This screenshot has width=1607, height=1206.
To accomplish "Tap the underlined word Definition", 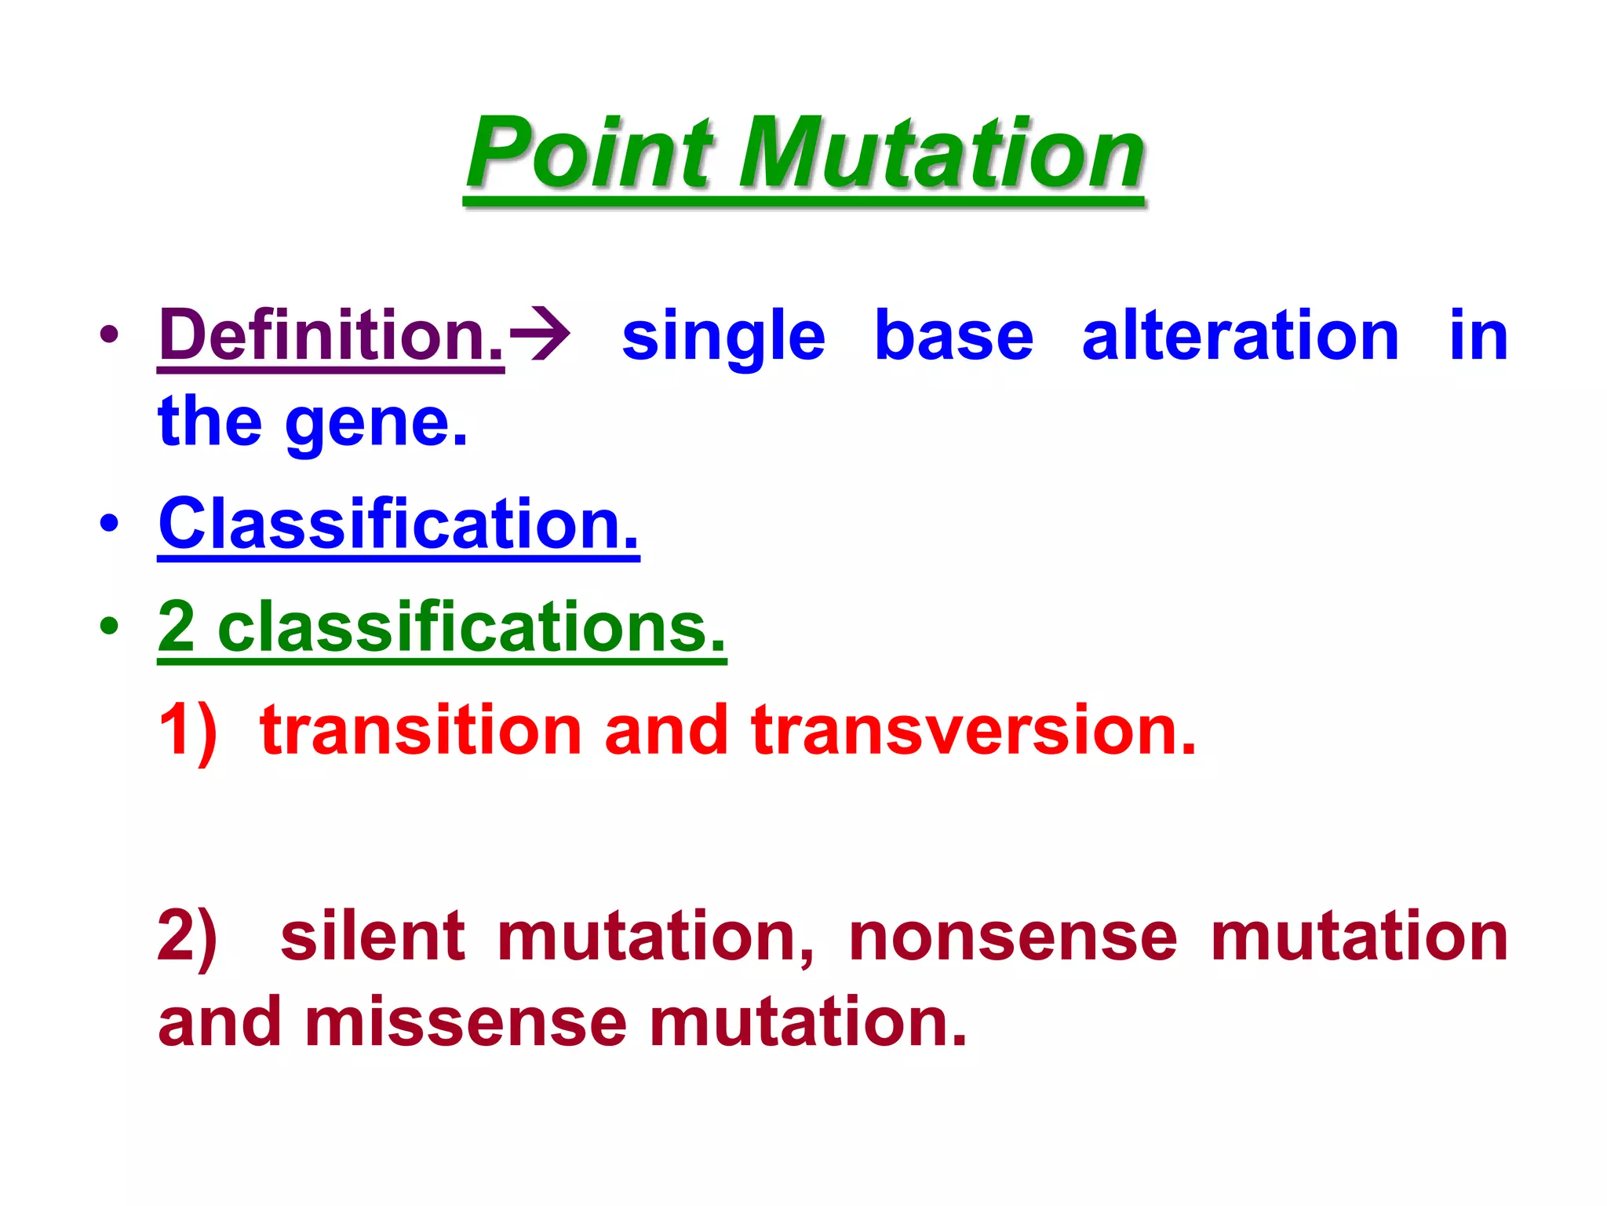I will pos(331,336).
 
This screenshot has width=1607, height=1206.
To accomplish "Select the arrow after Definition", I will pos(540,336).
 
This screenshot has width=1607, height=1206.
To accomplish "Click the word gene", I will pos(377,424).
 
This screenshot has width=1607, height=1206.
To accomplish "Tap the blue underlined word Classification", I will pos(399,524).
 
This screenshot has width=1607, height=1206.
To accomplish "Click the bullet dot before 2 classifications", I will pos(110,626).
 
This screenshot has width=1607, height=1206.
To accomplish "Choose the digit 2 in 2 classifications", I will pos(177,627).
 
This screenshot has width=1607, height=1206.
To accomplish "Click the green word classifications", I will pos(471,627).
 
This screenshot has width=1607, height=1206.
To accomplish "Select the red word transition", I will pos(420,730).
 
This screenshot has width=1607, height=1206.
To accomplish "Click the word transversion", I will pos(973,730).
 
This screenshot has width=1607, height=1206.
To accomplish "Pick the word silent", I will pos(373,937).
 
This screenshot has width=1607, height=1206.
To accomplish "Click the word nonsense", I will pos(1013,937).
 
